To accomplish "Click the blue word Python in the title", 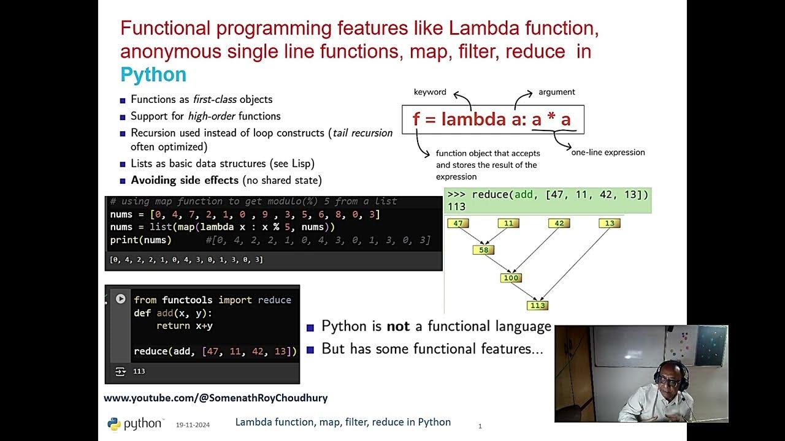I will (x=153, y=75).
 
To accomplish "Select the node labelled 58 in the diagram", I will (x=483, y=250).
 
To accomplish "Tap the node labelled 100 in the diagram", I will (x=510, y=278).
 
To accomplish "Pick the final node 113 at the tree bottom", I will (x=537, y=306).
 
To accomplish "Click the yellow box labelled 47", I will (x=458, y=224).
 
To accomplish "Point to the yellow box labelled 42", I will (x=559, y=224).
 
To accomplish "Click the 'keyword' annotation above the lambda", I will (x=430, y=92).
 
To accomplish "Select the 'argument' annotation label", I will (x=556, y=92).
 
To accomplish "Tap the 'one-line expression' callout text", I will (x=608, y=153).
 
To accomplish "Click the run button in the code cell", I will (x=121, y=299).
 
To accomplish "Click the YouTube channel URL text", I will (x=215, y=398).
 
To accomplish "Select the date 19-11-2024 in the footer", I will (x=193, y=424).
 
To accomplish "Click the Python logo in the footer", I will (x=114, y=424).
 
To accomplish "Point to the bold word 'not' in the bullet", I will (x=398, y=326).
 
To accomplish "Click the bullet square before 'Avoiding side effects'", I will (x=123, y=181).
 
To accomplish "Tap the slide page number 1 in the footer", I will (x=480, y=426).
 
